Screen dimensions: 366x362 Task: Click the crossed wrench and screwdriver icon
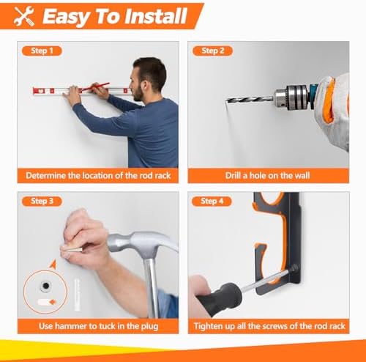(x=23, y=16)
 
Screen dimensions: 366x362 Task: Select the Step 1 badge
(x=42, y=51)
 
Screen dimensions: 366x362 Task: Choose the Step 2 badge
(x=212, y=51)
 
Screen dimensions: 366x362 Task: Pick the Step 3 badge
(x=42, y=202)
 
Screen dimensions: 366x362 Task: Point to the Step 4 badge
(x=212, y=202)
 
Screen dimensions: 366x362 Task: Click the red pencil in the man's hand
(x=95, y=86)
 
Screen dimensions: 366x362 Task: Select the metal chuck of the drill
(x=291, y=97)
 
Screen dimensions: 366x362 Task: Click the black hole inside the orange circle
(x=45, y=286)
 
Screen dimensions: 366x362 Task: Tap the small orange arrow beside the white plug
(x=53, y=303)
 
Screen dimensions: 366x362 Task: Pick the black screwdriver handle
(x=219, y=299)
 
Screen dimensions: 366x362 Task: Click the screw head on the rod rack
(x=294, y=267)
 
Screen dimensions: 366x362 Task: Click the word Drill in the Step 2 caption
(x=234, y=176)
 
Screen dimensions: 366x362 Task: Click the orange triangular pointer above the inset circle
(x=53, y=264)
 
